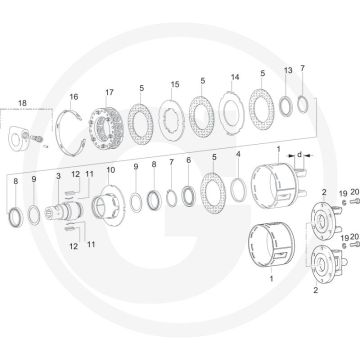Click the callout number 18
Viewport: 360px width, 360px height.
click(x=22, y=103)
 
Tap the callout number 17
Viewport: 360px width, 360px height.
click(x=109, y=92)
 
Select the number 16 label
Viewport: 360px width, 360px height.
click(x=74, y=97)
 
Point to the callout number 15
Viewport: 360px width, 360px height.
click(x=175, y=84)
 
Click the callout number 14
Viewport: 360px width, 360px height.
click(x=235, y=77)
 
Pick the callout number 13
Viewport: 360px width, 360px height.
click(x=288, y=70)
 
